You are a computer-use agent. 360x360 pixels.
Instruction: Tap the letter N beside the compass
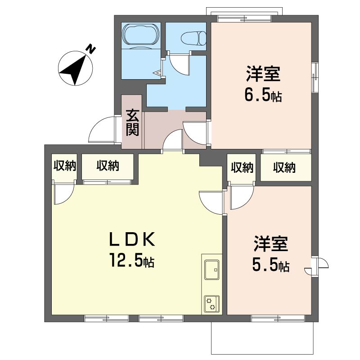tap(91, 49)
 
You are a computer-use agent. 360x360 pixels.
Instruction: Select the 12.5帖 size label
tap(130, 260)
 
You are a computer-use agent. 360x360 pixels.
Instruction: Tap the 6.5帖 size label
tap(263, 95)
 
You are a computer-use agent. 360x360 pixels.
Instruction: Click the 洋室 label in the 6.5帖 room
tap(263, 74)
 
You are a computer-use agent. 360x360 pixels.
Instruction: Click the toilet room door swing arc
tap(180, 63)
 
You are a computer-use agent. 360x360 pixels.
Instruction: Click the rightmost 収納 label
tap(284, 168)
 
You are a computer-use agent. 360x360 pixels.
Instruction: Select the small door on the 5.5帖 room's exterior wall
tap(320, 265)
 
